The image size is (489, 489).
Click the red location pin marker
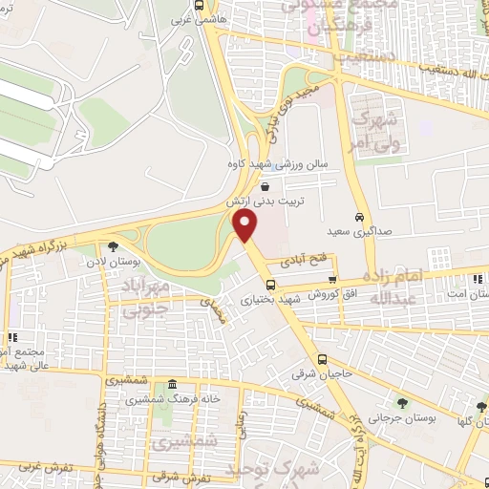(x=246, y=225)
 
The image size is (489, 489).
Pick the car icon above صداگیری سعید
(x=358, y=216)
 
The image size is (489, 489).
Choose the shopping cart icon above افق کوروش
(x=332, y=280)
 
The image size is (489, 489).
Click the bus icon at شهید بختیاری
(x=270, y=284)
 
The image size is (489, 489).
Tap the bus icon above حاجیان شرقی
(x=322, y=360)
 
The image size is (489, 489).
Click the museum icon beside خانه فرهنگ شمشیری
(x=171, y=385)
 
